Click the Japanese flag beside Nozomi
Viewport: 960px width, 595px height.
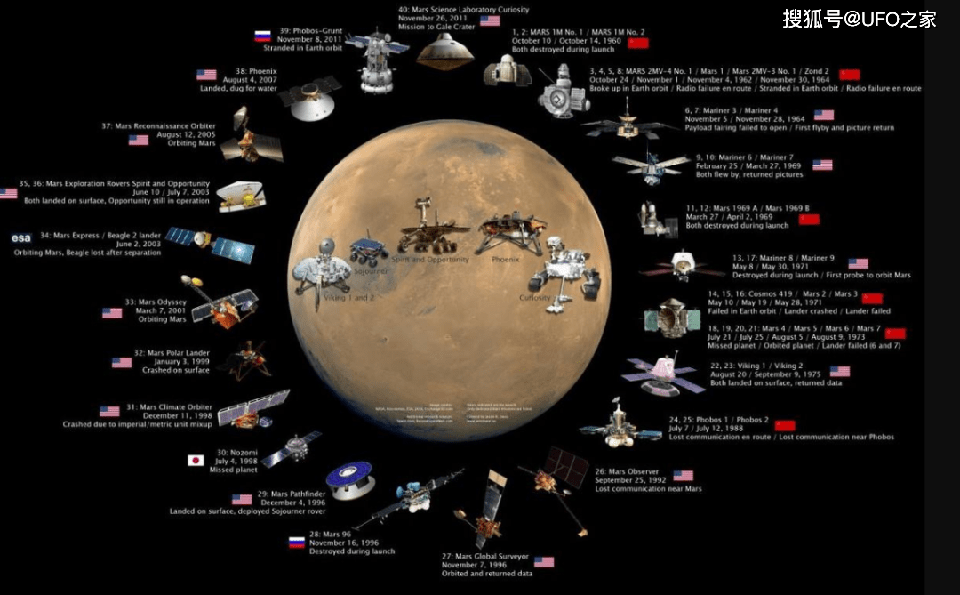pos(196,460)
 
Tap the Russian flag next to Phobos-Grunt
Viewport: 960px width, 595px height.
pos(262,36)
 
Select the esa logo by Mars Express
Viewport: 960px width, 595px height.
pos(20,237)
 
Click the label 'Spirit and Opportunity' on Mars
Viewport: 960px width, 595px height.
pos(430,260)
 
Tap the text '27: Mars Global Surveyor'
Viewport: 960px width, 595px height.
pos(485,557)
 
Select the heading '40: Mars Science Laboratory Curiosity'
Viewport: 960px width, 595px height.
pos(463,10)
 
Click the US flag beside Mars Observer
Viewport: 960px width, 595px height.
pos(683,476)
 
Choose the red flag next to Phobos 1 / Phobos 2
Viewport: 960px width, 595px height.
pos(784,425)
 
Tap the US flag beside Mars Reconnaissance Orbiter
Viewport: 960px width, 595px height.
pos(139,140)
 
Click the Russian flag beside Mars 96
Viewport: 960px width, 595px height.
pos(296,542)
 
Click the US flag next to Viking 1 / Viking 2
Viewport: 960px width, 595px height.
pos(839,371)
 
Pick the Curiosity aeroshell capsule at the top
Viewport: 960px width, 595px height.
pos(445,51)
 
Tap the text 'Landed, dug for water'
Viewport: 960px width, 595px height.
pos(239,88)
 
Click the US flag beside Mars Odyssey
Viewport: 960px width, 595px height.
pos(112,313)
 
